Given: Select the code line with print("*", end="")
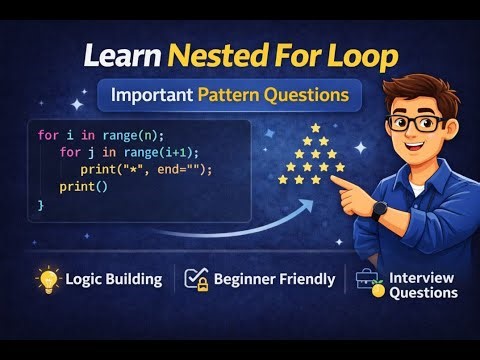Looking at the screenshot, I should (140, 169).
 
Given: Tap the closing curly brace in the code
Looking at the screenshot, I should (41, 204).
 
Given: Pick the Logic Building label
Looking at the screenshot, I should (113, 279).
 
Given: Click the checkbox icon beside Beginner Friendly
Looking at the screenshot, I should (197, 279).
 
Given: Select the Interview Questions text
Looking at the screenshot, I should (422, 285).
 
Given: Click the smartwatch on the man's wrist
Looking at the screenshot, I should (380, 208).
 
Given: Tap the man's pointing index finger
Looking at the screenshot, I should (324, 184).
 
